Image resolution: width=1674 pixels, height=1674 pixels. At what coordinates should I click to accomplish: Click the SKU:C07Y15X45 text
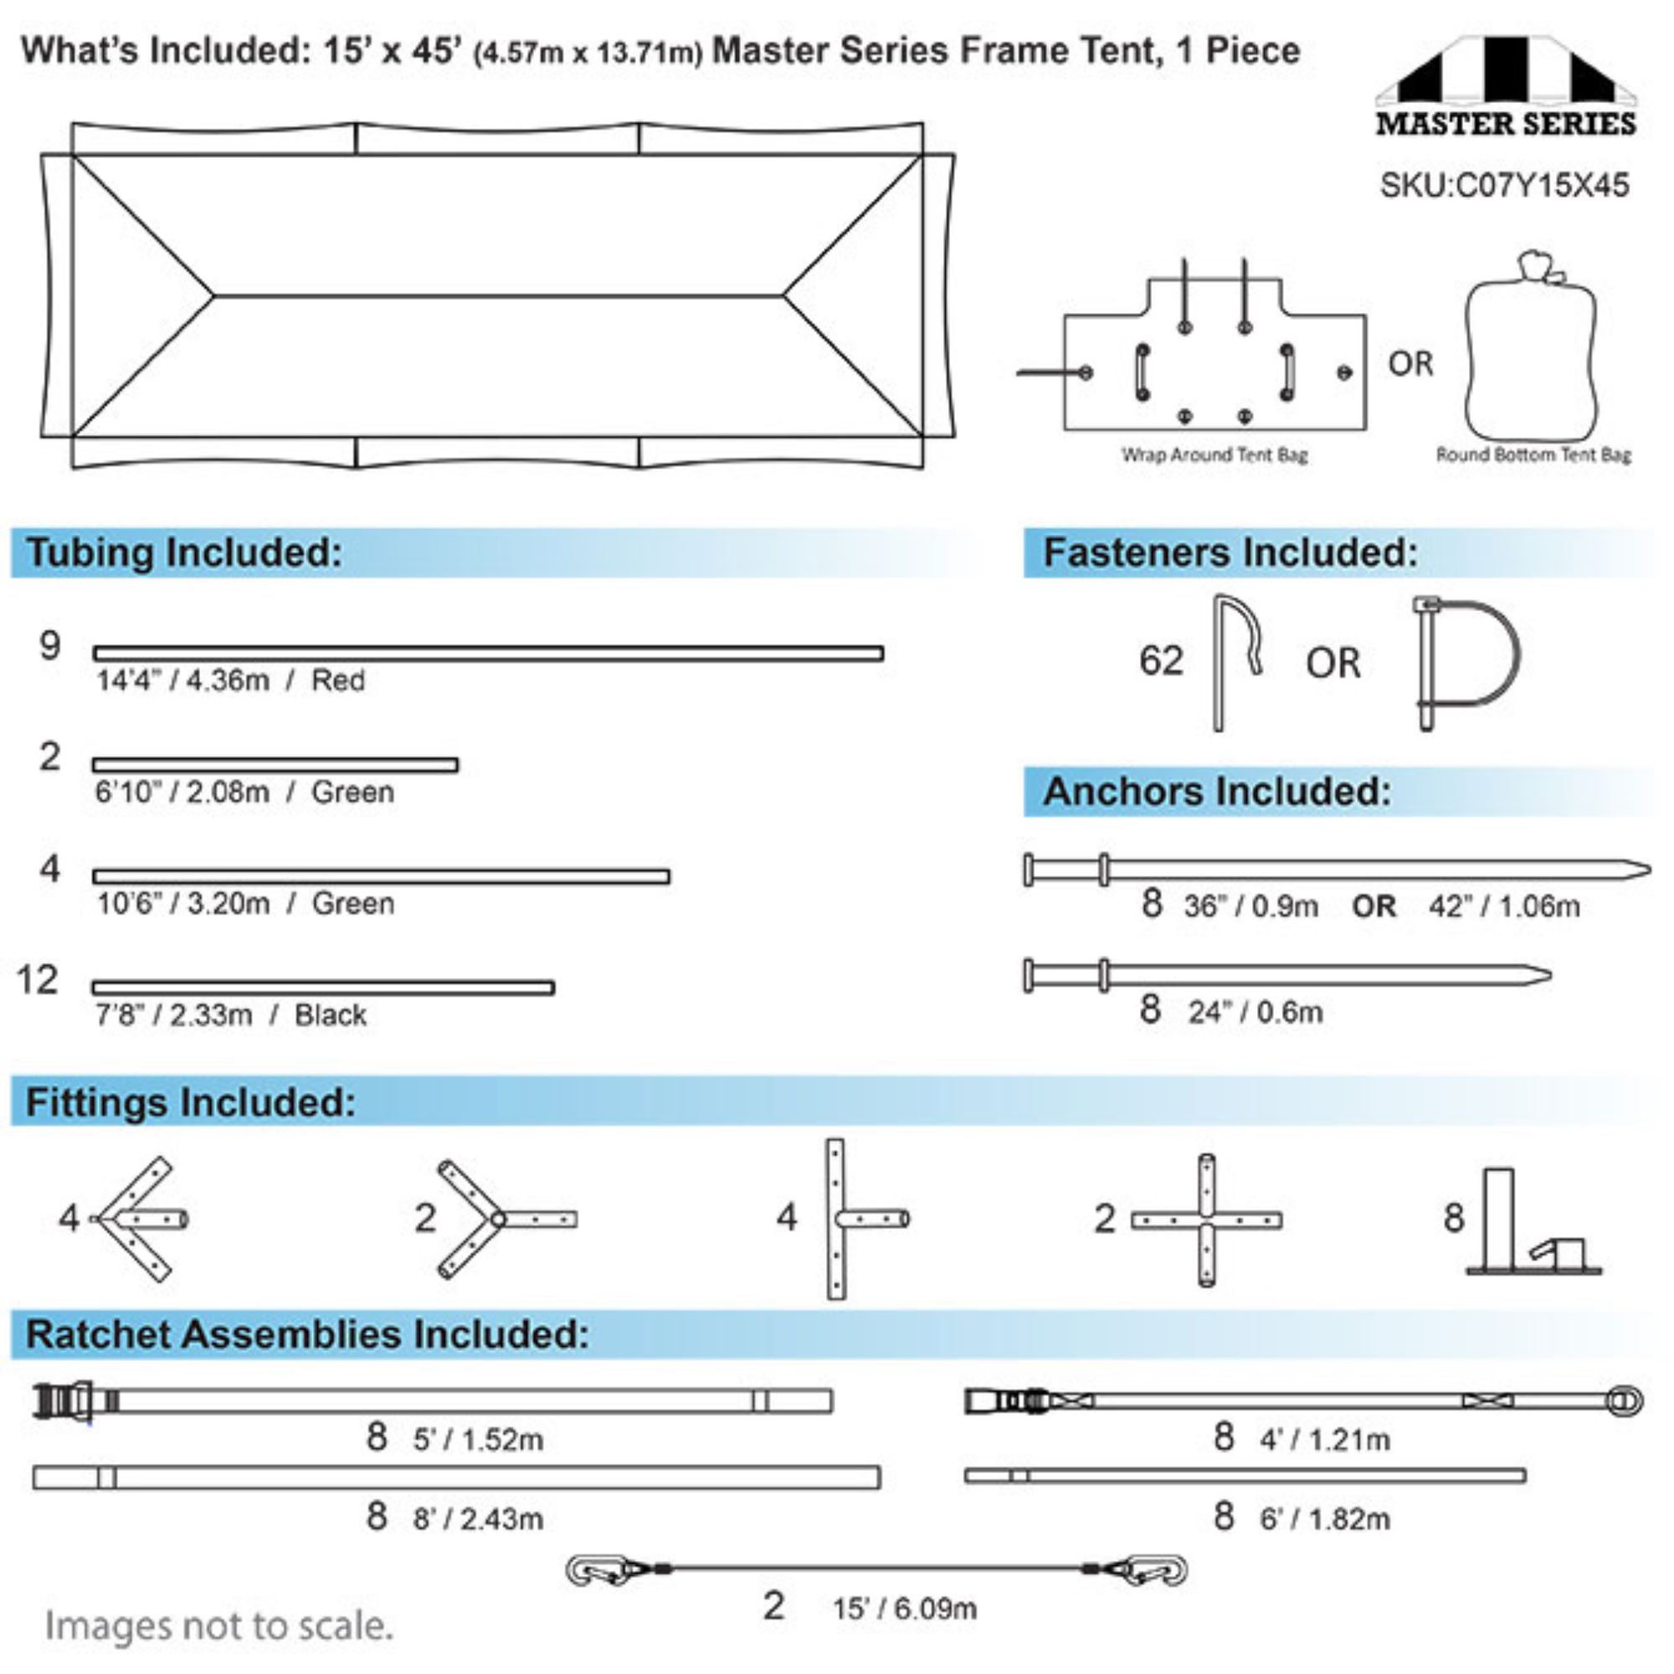coord(1503,186)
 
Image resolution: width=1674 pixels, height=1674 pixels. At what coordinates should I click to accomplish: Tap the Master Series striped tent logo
coord(1506,85)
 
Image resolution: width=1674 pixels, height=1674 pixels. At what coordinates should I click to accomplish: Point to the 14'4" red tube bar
coord(489,654)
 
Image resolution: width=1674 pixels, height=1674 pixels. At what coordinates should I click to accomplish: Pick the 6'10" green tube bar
coord(275,764)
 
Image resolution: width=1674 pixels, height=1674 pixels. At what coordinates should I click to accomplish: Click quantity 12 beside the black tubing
coord(38,980)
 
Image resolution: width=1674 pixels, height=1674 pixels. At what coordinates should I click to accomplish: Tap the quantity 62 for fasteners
coord(1160,660)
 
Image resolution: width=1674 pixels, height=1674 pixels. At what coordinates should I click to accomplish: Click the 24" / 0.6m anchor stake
coord(1287,976)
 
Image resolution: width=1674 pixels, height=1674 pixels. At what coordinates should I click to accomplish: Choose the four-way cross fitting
coord(1207,1220)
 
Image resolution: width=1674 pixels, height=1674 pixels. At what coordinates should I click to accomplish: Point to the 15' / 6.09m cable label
coord(905,1609)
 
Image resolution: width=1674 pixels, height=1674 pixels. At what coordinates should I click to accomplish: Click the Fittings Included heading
coord(191,1102)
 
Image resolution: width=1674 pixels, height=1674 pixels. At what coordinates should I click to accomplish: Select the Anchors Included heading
coord(1216,791)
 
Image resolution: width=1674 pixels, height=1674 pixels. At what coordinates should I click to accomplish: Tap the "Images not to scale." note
coord(218,1626)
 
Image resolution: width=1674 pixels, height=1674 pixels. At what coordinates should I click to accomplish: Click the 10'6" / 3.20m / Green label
coord(245,904)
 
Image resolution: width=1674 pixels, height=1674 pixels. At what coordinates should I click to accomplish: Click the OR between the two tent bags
coord(1410,363)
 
